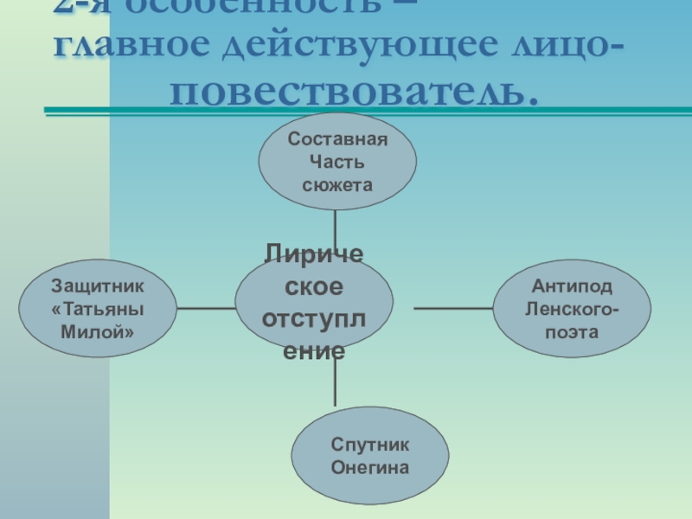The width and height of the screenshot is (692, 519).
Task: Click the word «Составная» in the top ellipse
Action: (x=338, y=139)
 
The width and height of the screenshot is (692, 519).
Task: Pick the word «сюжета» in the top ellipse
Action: (x=338, y=184)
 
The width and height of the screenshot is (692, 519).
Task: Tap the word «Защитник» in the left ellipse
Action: (x=98, y=285)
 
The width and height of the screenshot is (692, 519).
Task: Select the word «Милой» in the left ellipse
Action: (x=98, y=330)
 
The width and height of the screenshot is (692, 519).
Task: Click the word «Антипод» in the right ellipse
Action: (x=572, y=286)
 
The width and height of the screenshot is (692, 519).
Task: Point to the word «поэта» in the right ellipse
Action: (x=572, y=331)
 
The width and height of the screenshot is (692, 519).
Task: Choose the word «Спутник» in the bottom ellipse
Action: (x=370, y=444)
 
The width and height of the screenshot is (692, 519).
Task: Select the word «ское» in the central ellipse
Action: (x=314, y=286)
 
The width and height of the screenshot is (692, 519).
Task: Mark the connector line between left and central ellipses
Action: (x=206, y=307)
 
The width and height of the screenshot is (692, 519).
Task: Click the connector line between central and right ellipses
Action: (x=454, y=308)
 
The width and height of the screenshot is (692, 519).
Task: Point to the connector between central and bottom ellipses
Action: (x=336, y=381)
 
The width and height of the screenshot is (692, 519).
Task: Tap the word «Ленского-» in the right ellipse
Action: (x=572, y=309)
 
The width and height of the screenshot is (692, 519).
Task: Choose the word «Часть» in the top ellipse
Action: (x=338, y=162)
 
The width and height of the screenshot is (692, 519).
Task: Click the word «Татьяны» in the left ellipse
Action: (x=98, y=308)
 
